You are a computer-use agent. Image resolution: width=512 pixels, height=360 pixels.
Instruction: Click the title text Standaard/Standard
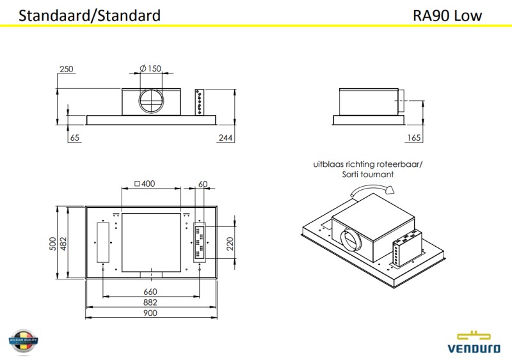[x=90, y=15]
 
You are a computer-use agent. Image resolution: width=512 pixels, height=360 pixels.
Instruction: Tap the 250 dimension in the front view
[x=66, y=69]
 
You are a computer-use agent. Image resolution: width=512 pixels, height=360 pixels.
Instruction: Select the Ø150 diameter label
[x=150, y=69]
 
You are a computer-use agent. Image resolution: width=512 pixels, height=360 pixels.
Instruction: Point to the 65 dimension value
[x=76, y=137]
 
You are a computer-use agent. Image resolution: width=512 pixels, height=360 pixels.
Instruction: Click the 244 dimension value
[x=226, y=137]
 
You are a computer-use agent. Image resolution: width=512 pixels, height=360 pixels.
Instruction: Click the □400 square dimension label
[x=145, y=184]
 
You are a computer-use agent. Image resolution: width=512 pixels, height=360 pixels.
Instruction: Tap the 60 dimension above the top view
[x=204, y=184]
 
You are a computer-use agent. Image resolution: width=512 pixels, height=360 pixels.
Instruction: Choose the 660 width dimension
[x=150, y=292]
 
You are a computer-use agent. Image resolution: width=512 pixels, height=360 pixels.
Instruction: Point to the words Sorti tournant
[x=367, y=174]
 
